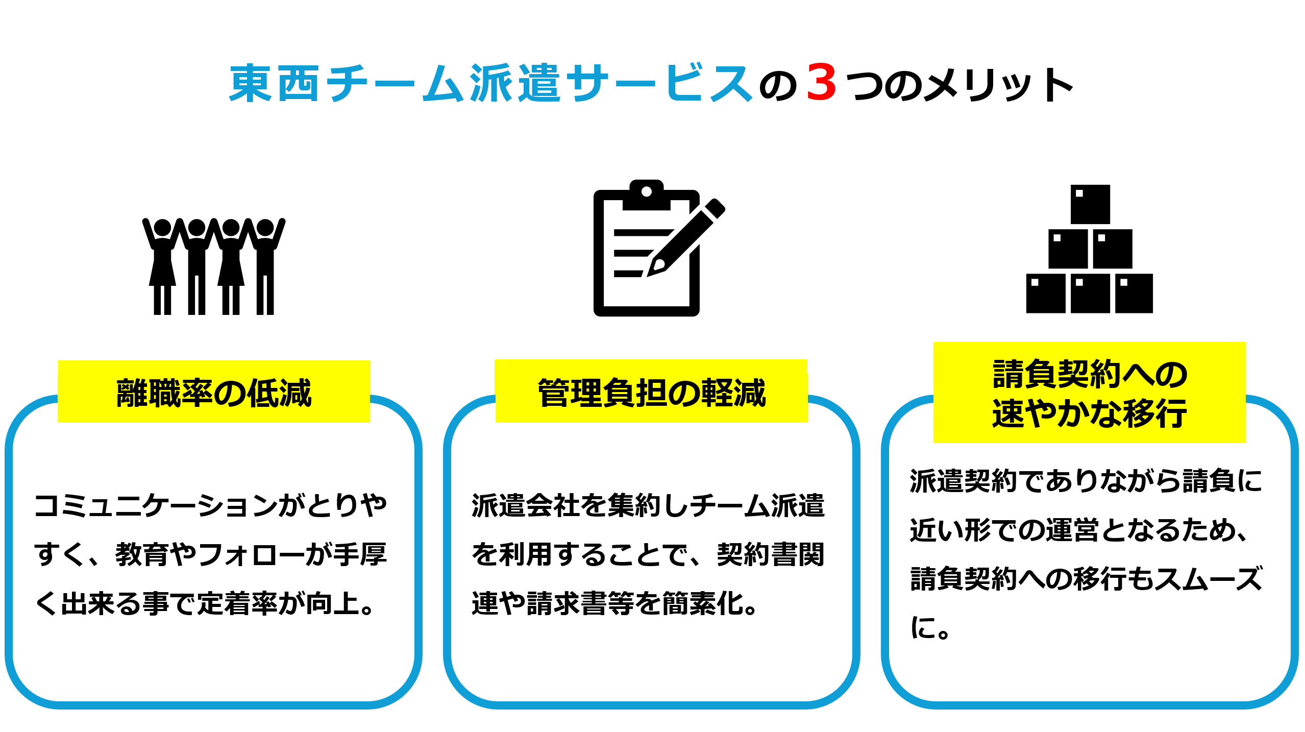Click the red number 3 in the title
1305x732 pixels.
pyautogui.click(x=821, y=83)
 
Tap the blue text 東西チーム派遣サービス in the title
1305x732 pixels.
pyautogui.click(x=490, y=84)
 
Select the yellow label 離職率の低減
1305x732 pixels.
pyautogui.click(x=214, y=392)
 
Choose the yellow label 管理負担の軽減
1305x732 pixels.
pyautogui.click(x=651, y=392)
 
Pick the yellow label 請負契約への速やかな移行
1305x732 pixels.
pyautogui.click(x=1089, y=393)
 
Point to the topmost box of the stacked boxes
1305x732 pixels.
pyautogui.click(x=1090, y=204)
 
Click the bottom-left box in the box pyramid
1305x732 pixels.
pyautogui.click(x=1045, y=294)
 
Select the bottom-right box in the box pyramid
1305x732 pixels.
pyautogui.click(x=1134, y=294)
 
